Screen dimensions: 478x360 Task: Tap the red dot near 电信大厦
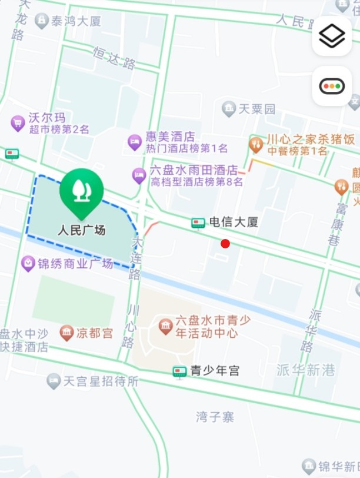tap(225, 244)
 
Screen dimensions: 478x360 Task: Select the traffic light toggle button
tap(332, 87)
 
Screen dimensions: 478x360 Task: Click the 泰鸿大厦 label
tap(76, 21)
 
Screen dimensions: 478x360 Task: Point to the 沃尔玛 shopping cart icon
tap(18, 123)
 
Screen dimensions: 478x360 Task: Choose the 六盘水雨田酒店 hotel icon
tap(139, 175)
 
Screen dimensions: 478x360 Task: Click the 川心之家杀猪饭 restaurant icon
tap(256, 144)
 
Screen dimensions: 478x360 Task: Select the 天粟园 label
tap(257, 109)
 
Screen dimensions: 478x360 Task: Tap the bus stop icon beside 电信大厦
tap(198, 223)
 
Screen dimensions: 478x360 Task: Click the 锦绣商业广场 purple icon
tap(28, 263)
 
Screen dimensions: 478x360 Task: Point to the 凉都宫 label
tap(95, 333)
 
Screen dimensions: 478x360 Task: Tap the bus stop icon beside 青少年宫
tap(179, 371)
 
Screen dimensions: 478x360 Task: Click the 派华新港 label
tap(306, 370)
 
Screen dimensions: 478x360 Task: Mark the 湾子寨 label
tap(215, 417)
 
